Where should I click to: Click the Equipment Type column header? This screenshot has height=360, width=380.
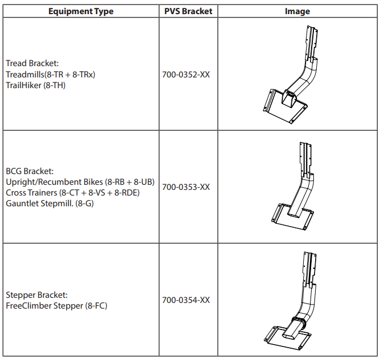(x=81, y=11)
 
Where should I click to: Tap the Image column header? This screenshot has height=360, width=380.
(x=297, y=11)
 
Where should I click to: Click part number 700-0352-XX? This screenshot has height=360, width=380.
(x=186, y=74)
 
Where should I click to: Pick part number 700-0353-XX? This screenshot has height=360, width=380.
(x=186, y=187)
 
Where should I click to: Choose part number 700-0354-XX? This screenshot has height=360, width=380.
(x=186, y=300)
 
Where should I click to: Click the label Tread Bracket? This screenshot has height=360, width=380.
(x=30, y=63)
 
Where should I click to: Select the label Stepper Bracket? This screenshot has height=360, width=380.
(x=37, y=295)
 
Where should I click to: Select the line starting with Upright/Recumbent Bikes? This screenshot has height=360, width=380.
(x=80, y=181)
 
